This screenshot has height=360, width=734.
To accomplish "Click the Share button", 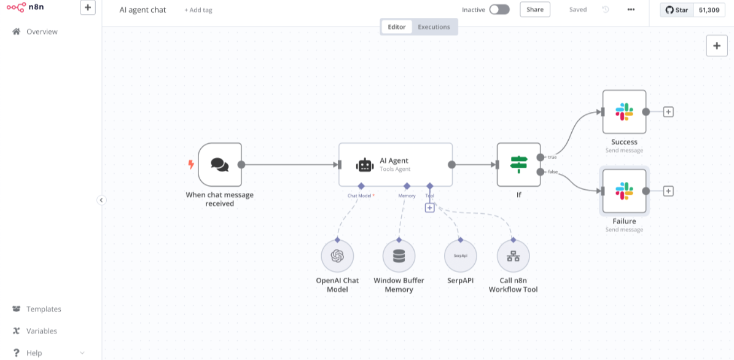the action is [534, 9].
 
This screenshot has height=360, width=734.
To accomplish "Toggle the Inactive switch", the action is [499, 9].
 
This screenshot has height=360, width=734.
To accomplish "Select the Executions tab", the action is [434, 26].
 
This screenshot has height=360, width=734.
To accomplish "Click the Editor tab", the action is [397, 26].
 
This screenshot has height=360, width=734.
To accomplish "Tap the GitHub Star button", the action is [676, 10].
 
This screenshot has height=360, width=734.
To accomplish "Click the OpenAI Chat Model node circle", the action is [337, 256].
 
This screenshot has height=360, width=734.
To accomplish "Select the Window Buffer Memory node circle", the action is [399, 256].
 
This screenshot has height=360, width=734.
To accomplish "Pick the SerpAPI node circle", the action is [460, 256].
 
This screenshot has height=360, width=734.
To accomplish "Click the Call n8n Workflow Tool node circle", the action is [513, 256].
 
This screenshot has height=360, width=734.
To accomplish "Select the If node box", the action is [518, 164].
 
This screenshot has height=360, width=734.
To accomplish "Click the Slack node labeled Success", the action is [624, 112].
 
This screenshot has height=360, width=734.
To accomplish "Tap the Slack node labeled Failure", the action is [624, 191].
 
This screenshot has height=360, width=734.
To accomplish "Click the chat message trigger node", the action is [219, 164].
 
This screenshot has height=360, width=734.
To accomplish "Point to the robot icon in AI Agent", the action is [365, 165].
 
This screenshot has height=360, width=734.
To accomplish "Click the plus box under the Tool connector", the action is [430, 208].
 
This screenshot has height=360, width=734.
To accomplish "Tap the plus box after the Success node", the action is [668, 112].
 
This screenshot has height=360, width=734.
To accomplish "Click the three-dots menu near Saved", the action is [631, 9].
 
